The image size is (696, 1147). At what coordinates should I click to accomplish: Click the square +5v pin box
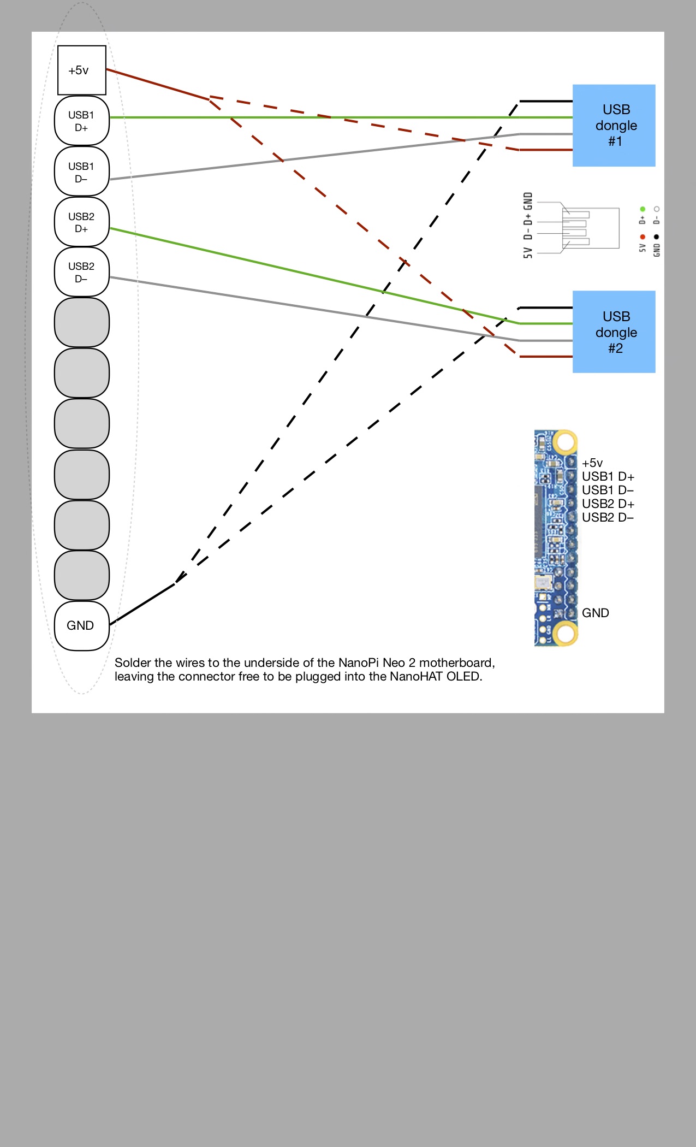[81, 70]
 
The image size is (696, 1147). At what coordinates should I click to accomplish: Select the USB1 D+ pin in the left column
[81, 121]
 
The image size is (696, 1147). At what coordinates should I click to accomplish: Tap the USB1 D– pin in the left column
[81, 172]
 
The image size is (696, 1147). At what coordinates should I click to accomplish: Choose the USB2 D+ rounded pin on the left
[81, 222]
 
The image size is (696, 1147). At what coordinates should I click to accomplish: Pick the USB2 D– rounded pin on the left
[81, 272]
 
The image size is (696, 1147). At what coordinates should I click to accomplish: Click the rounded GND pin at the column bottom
[81, 625]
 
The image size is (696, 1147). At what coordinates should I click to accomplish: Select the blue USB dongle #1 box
[614, 125]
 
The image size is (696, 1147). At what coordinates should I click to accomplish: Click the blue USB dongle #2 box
[614, 332]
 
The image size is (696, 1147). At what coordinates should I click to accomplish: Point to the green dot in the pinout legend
[643, 209]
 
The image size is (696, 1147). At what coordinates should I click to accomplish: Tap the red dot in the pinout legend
[643, 237]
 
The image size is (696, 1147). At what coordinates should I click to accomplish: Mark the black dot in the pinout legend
[656, 237]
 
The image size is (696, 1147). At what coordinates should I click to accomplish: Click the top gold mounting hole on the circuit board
[564, 441]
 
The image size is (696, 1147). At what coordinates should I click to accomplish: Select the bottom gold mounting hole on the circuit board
[564, 634]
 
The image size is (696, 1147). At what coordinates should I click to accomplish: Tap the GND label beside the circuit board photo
[595, 613]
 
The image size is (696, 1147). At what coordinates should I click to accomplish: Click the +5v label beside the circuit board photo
[592, 463]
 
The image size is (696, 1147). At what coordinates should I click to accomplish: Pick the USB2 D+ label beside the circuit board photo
[608, 504]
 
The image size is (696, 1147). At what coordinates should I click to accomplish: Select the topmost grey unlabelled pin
[81, 322]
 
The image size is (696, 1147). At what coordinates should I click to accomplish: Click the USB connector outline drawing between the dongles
[590, 228]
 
